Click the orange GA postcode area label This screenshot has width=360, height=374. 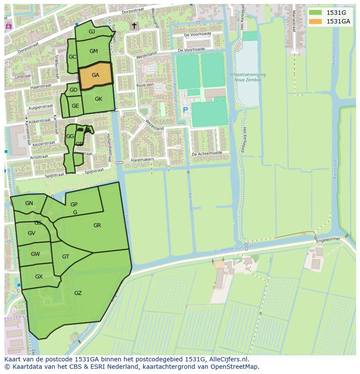[95, 75]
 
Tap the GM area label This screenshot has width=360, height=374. [93, 51]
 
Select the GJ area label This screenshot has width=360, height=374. [92, 32]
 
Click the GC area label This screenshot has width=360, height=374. [72, 57]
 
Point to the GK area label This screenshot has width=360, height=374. [98, 99]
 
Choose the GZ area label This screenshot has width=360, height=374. [78, 293]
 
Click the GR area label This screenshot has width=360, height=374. [97, 225]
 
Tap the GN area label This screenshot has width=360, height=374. [29, 203]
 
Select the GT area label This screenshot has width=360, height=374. [66, 257]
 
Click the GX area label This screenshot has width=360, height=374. [39, 277]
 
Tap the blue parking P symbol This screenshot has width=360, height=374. [185, 110]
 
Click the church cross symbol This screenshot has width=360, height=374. [134, 26]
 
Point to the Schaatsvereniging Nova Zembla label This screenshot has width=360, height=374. [247, 77]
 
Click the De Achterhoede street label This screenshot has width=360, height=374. [207, 153]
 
